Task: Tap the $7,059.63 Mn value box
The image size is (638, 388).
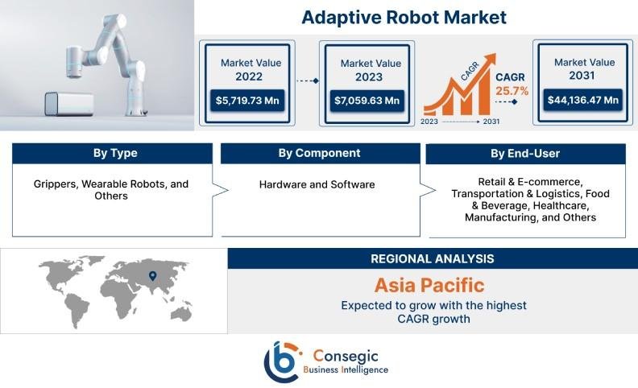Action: [x=367, y=101]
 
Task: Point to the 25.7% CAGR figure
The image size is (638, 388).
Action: [x=512, y=91]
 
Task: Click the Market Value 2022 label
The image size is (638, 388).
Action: [x=248, y=70]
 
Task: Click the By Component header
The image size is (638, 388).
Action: [x=319, y=153]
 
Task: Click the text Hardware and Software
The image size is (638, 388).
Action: [x=317, y=184]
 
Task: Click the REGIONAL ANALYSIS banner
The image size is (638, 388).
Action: [x=432, y=258]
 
